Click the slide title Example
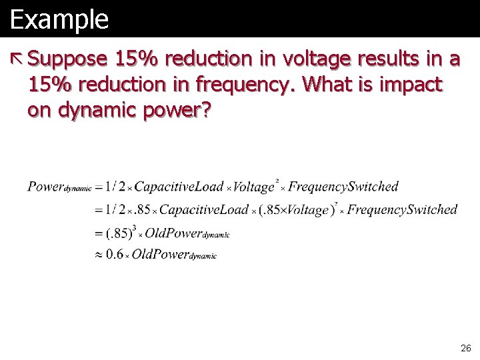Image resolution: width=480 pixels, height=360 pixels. point(59,19)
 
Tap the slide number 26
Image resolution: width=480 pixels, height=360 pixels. point(465,348)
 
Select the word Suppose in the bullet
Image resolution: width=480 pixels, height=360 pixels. point(67,60)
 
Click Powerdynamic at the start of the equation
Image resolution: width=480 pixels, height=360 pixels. point(59,187)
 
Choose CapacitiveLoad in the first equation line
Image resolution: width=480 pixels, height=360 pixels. point(181,187)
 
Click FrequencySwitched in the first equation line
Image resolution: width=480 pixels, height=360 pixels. point(343,187)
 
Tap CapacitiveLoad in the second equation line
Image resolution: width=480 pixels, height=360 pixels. point(204,210)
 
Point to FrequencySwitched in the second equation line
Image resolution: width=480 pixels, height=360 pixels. point(402,210)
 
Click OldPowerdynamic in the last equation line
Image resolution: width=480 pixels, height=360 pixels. point(174,255)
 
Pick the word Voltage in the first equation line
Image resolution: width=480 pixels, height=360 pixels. point(254,187)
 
